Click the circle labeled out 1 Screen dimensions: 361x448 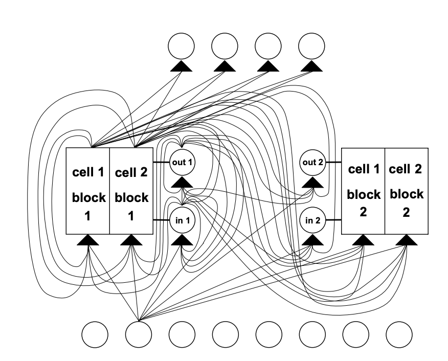pos(183,162)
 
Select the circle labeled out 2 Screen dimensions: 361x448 pos(313,162)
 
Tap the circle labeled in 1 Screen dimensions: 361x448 pos(183,221)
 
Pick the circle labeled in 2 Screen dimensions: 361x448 pos(313,221)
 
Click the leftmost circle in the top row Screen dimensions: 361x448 pos(182,46)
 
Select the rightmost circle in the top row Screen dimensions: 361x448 pos(311,46)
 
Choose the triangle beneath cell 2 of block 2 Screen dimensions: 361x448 pos(406,239)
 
